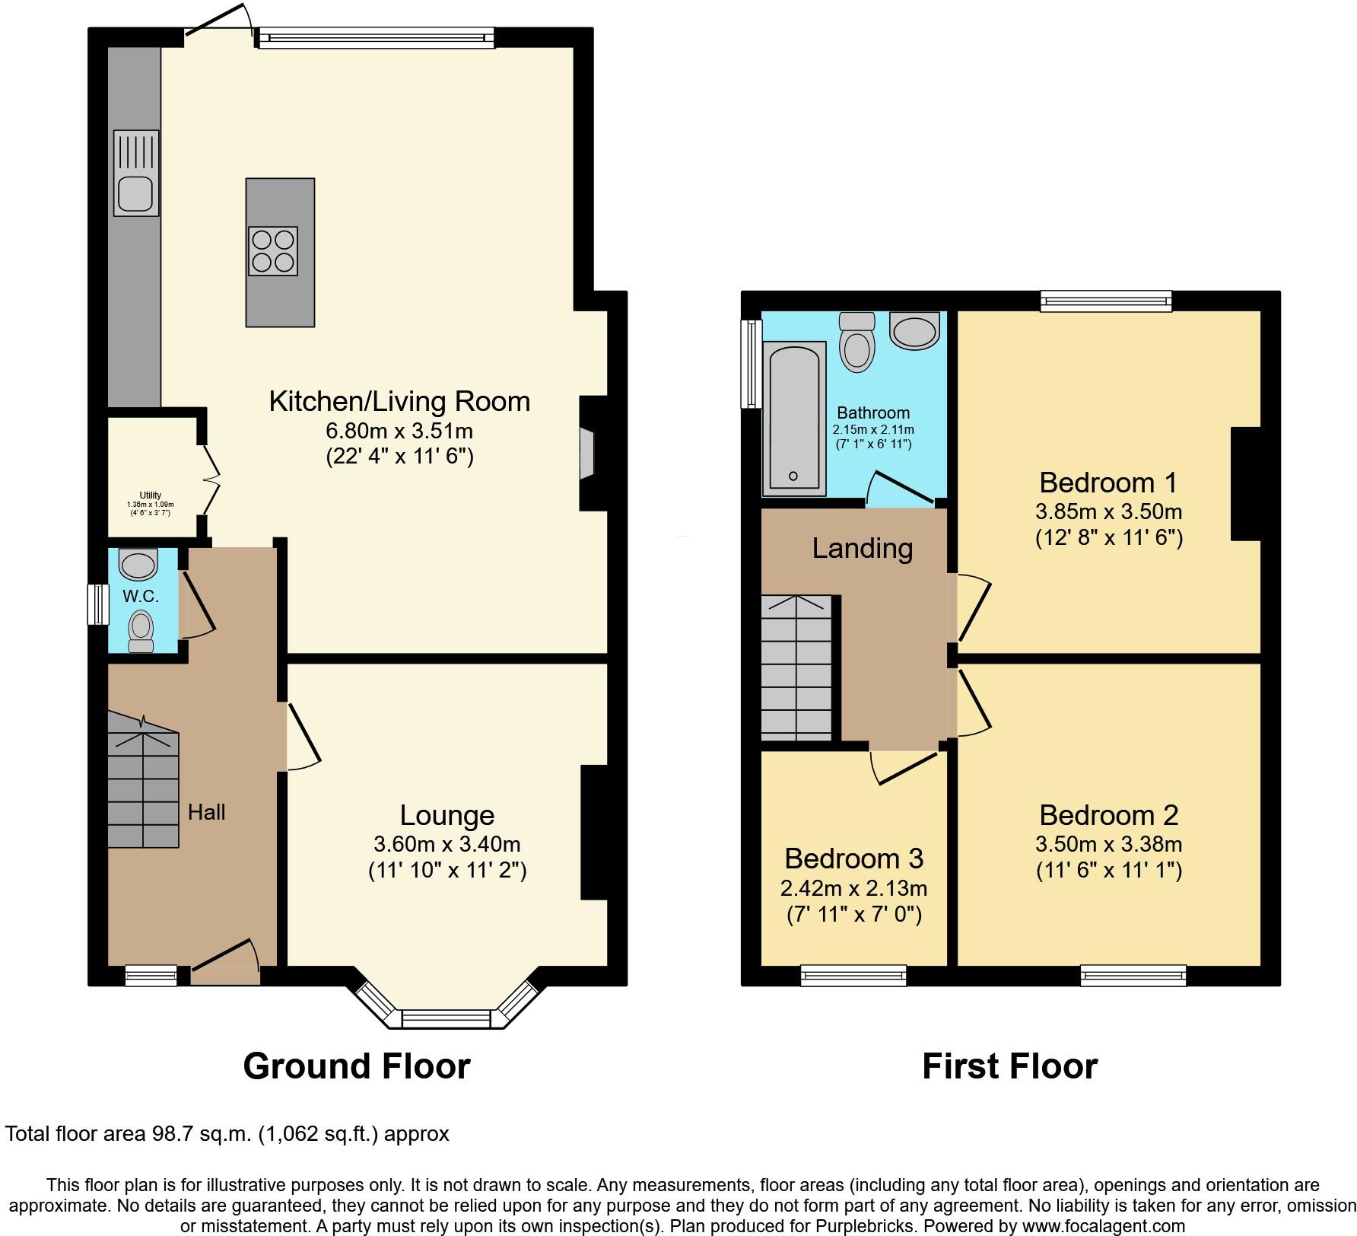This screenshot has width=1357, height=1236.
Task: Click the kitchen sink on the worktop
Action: coord(136,173)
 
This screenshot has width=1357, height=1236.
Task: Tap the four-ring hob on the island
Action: coord(272,251)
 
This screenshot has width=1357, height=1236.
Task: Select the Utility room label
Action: coord(150,495)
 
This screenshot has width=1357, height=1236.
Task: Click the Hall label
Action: coord(206,812)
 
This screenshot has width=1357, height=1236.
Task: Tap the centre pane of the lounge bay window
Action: coord(447,1018)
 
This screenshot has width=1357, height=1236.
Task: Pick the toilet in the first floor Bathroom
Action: coord(856,342)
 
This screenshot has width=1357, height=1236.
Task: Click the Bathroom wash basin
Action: coord(915,331)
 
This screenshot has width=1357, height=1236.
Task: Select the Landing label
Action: coord(862,548)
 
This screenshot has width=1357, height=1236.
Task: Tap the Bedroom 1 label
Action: coord(1108,483)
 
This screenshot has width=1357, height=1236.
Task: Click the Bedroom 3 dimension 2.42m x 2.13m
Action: coord(853,887)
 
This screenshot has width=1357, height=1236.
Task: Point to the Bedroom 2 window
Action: coord(1133,975)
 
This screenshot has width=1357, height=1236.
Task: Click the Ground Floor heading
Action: coord(356,1066)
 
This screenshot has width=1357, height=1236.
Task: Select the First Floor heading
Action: coord(1009,1066)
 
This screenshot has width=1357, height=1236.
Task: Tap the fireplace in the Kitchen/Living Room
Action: coord(588,454)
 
